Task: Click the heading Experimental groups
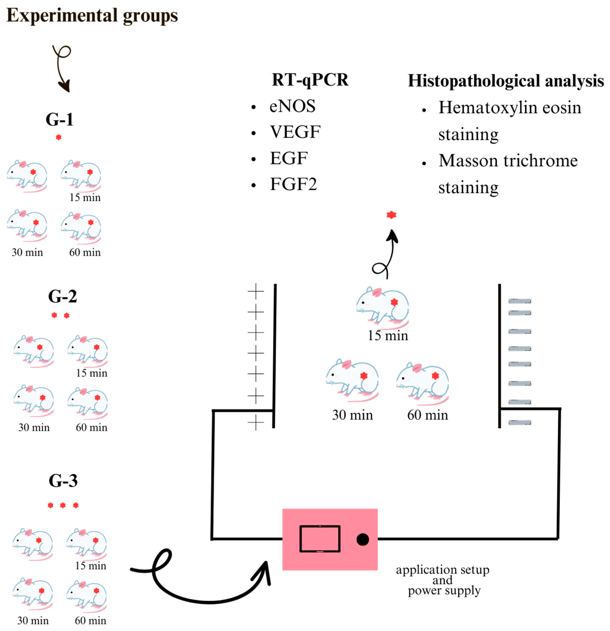92,16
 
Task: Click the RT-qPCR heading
310,80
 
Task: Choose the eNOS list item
292,106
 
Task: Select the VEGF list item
295,132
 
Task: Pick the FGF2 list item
293,185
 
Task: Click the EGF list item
289,158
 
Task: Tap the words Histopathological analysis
506,81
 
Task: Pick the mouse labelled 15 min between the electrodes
382,305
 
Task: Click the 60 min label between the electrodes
427,415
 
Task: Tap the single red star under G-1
59,137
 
